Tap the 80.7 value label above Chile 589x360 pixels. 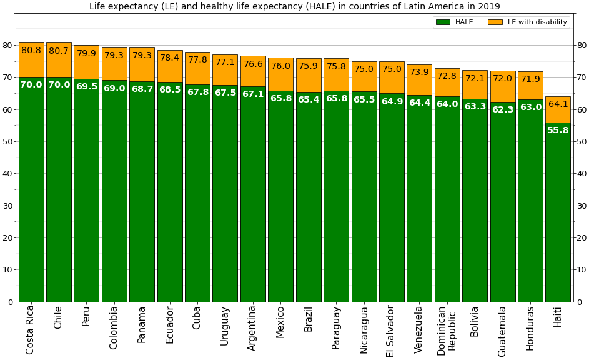(59, 51)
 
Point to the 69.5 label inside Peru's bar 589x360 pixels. (87, 87)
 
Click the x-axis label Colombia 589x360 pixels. (114, 327)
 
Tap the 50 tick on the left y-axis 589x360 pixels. (7, 142)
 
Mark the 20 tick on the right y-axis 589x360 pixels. (582, 238)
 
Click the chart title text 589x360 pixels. (294, 7)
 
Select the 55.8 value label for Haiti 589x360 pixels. (558, 131)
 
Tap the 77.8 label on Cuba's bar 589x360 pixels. (197, 60)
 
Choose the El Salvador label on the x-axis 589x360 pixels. (391, 331)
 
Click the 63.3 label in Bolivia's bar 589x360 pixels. (475, 107)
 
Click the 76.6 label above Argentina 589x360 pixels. (253, 64)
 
